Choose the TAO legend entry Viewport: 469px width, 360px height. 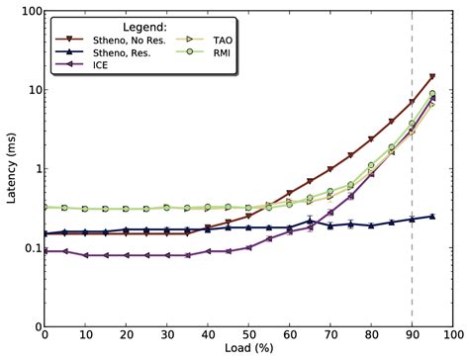[227, 43]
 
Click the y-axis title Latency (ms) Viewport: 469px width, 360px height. [12, 169]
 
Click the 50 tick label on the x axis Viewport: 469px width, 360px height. [248, 336]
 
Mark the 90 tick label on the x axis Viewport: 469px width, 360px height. [412, 336]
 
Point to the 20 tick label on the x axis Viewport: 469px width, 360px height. [127, 336]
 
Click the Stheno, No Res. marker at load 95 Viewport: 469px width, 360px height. [432, 77]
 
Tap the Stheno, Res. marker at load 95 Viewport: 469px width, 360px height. [432, 216]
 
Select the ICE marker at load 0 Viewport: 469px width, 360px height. [46, 251]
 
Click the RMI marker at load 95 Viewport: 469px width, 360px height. [432, 94]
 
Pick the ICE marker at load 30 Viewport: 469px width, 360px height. [167, 255]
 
